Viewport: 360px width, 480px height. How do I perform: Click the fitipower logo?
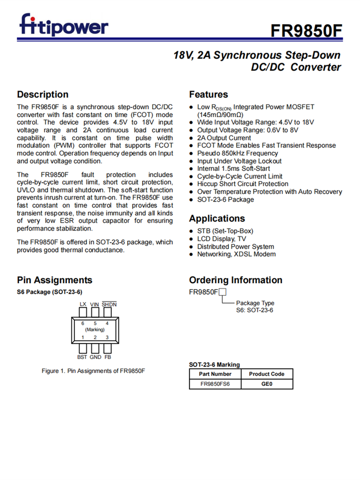pos(64,25)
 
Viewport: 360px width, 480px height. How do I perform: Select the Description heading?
pos(43,95)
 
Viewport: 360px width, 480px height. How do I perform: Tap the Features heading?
pos(208,95)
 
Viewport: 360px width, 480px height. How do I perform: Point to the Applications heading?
pos(217,218)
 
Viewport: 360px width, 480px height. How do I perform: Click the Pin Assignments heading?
pos(55,280)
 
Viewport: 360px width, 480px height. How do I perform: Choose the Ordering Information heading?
pos(236,280)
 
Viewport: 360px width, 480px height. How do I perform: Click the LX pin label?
pos(83,304)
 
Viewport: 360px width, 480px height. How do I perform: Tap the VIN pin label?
pos(95,304)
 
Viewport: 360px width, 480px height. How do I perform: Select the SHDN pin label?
pos(109,304)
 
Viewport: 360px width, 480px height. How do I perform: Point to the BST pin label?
pos(82,357)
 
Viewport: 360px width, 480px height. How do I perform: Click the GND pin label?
pos(95,357)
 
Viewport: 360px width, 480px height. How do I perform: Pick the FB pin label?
pos(108,357)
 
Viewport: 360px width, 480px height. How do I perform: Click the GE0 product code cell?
pos(266,384)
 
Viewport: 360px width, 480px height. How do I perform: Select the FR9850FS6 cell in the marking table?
pos(215,384)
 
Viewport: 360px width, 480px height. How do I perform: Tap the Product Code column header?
pos(266,374)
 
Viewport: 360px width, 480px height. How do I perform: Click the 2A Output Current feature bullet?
pos(224,138)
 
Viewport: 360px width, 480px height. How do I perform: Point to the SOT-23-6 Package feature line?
pos(225,199)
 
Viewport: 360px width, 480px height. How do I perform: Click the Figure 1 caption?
pos(93,371)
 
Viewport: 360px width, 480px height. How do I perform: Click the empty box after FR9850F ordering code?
pos(222,292)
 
